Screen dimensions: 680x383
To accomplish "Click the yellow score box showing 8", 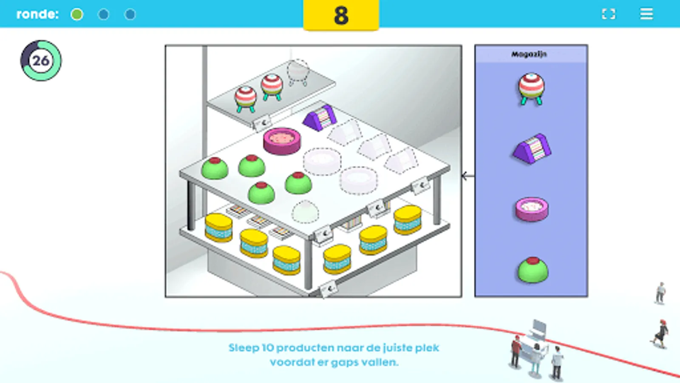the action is pos(341,15).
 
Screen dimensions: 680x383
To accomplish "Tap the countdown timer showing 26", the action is pos(41,60).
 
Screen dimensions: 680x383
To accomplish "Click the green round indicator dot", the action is pos(77,14).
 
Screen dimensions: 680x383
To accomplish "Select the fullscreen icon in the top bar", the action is pos(608,14).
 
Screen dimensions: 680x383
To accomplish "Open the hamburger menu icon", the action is pos(646,14).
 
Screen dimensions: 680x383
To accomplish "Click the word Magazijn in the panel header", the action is pos(529,54).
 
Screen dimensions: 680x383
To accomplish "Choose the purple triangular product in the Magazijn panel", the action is pos(532,149).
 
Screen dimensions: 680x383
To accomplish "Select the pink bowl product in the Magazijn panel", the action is pos(532,209).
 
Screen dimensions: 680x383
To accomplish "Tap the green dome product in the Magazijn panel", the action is pos(533,270).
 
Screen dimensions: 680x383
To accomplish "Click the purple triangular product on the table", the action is pos(320,117).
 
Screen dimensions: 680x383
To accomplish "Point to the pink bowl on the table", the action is pos(282,141).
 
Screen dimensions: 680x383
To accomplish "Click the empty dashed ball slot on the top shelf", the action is pos(298,73).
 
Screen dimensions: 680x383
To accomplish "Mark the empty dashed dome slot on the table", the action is pos(306,212).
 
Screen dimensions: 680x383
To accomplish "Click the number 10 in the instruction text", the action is pos(267,348).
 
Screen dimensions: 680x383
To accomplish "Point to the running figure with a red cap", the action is pos(660,334).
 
